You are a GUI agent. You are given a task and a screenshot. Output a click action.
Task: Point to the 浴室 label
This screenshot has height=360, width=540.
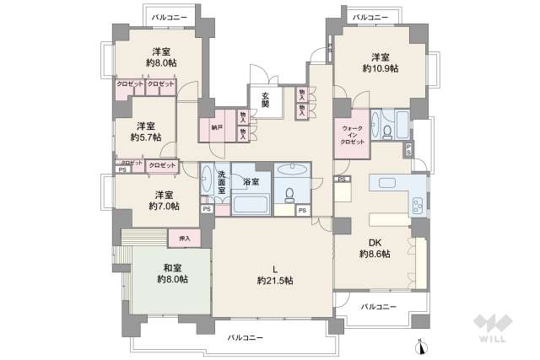[250, 180]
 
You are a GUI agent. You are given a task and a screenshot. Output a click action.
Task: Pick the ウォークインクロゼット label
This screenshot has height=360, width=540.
[353, 136]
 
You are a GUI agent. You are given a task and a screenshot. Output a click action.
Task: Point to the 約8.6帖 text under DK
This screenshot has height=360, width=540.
[374, 253]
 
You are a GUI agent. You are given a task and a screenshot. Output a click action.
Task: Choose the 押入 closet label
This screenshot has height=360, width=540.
[185, 239]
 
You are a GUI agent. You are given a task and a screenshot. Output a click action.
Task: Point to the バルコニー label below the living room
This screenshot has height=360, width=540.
[245, 337]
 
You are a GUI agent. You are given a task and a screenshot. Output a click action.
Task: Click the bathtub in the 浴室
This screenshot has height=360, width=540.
[250, 204]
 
